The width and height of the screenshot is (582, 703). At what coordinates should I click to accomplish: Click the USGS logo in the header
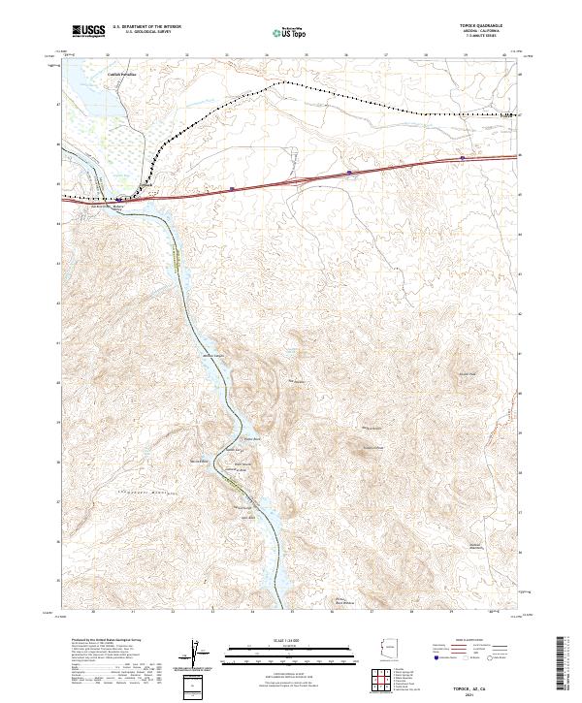pos(88,32)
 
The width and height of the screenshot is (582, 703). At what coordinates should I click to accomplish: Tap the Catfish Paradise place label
pos(121,72)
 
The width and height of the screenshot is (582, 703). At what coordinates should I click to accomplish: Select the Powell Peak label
pos(468,374)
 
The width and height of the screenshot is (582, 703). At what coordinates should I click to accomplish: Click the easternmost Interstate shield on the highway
pos(463,157)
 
